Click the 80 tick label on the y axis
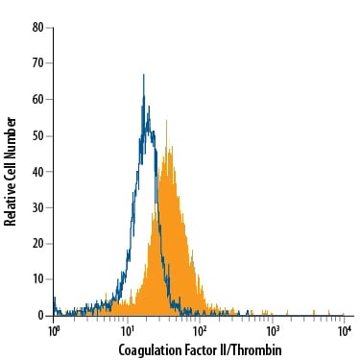coord(36,27)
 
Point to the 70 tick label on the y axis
coord(36,63)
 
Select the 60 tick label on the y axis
coord(36,99)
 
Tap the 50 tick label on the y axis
coord(36,135)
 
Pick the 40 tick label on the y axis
coord(36,171)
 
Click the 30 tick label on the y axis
coord(36,207)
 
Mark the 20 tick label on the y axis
coord(36,243)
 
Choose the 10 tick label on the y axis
coord(36,279)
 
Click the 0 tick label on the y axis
coord(39,315)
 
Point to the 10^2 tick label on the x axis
coord(199,330)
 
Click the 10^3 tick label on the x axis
coord(272,330)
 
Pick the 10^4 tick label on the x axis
coord(344,330)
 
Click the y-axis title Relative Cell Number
coord(11,171)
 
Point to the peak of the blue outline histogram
coord(143,74)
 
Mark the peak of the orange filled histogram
coord(166,121)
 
